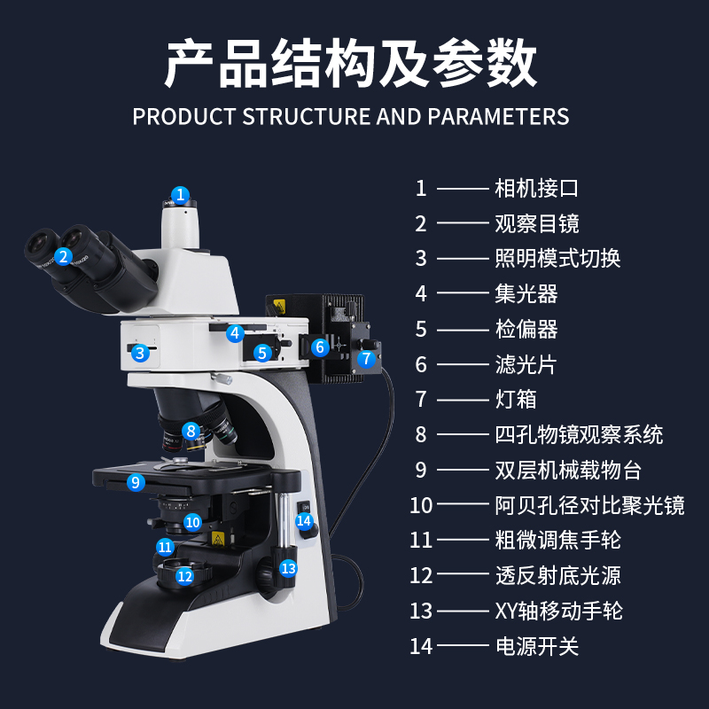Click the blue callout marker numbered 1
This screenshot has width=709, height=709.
[x=180, y=194]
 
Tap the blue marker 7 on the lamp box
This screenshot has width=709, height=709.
[x=366, y=359]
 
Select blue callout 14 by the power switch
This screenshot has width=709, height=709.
[x=304, y=521]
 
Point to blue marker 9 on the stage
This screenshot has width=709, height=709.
[x=135, y=483]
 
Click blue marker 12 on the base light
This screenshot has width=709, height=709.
[x=183, y=576]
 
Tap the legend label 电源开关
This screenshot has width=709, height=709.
[x=536, y=646]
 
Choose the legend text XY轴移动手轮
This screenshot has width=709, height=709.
[x=558, y=611]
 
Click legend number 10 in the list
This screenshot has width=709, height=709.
[x=421, y=505]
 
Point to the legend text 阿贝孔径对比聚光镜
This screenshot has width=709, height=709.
[x=589, y=505]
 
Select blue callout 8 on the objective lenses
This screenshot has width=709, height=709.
[x=190, y=432]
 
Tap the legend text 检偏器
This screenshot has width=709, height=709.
[x=526, y=329]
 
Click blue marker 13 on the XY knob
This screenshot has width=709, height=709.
[x=288, y=568]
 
